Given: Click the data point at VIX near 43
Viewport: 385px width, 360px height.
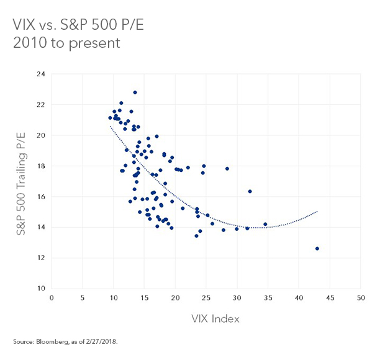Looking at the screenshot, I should [x=317, y=248].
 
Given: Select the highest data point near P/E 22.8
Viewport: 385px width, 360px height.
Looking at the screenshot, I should [x=135, y=92].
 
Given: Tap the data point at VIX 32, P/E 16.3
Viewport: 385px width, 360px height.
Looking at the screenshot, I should [x=250, y=191].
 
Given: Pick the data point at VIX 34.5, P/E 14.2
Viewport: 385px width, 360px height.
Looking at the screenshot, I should [x=265, y=224].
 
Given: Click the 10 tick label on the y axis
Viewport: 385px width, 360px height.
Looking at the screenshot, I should [x=42, y=289].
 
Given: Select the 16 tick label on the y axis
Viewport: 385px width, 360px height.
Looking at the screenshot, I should [x=42, y=197].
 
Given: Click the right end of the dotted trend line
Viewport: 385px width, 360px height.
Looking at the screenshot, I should [x=317, y=211].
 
